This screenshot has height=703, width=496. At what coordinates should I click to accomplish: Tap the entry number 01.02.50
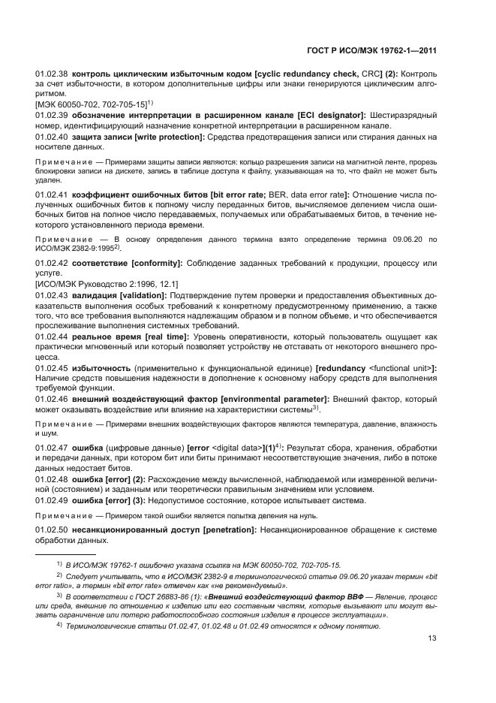click(x=52, y=530)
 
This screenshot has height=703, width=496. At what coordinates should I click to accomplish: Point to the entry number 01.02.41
click(x=52, y=195)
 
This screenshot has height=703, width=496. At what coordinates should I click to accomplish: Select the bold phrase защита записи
click(x=101, y=137)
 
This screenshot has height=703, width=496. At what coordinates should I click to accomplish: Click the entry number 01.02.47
click(x=52, y=448)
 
